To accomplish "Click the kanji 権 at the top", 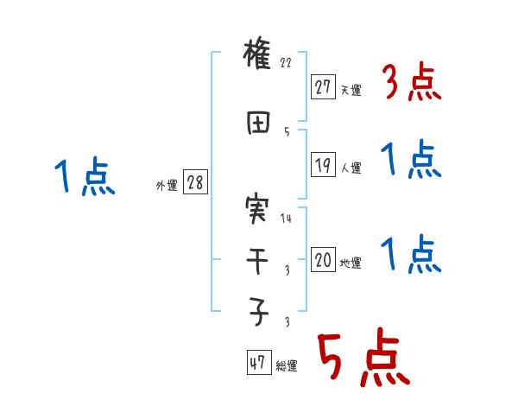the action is [258, 55].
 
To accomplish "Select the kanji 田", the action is [258, 124].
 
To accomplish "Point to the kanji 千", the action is [258, 261].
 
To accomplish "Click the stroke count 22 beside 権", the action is [287, 63].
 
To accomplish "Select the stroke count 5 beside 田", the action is [286, 131].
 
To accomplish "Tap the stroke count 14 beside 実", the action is [287, 219].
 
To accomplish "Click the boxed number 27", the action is [323, 86].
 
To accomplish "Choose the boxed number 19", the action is [323, 164].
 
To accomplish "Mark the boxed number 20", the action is [323, 260].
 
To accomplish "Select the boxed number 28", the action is [195, 183].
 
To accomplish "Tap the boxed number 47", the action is [258, 363].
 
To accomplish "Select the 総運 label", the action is [287, 366].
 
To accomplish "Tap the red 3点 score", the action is [412, 82].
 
